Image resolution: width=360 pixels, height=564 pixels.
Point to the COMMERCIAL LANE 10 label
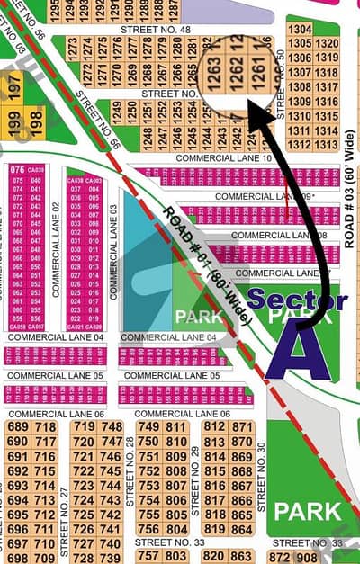pyautogui.click(x=223, y=157)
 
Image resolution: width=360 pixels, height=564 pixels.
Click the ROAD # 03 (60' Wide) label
pyautogui.click(x=349, y=207)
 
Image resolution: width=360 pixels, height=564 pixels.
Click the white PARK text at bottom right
pyautogui.click(x=308, y=512)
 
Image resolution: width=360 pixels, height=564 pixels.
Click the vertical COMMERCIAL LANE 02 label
pyautogui.click(x=56, y=249)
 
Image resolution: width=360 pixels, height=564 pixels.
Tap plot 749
pyautogui.click(x=148, y=426)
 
